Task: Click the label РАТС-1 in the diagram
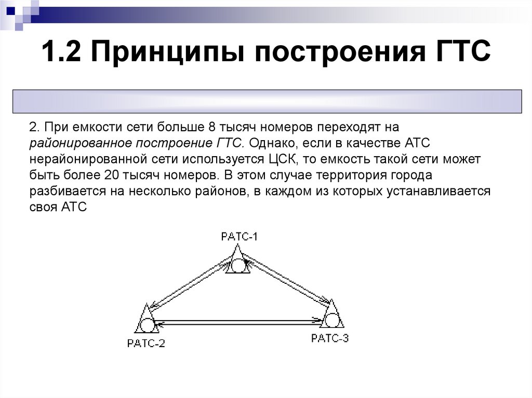coord(239,237)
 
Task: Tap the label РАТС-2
coord(146,343)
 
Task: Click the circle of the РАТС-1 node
coord(238,266)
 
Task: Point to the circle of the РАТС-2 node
coord(147,325)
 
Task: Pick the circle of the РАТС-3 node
coord(331,320)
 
